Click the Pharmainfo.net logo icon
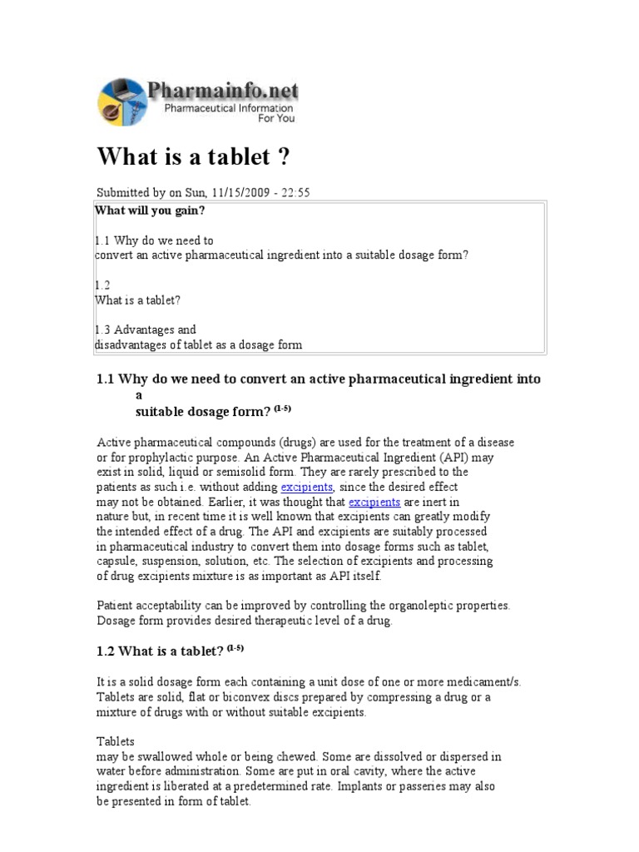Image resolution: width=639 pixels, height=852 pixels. (122, 101)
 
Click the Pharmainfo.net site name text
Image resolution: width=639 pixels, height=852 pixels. (222, 90)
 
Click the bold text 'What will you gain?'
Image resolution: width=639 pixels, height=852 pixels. (151, 211)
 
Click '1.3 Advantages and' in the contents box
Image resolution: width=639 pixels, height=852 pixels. (146, 329)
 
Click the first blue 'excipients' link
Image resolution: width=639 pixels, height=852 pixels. (307, 487)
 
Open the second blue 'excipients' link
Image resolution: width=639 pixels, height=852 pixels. (374, 502)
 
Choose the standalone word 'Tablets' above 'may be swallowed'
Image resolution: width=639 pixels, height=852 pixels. (116, 741)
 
